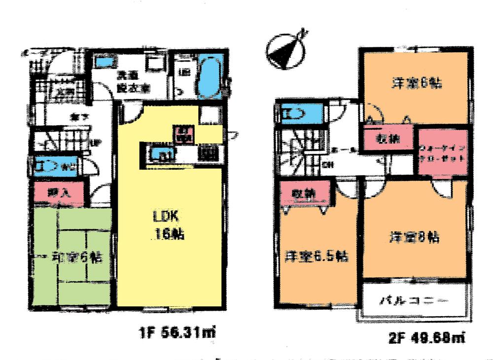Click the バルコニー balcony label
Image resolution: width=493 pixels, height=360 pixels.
coord(414,300)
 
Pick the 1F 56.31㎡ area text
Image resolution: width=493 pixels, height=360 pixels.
coord(176,333)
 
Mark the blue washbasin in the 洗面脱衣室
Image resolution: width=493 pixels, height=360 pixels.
coord(105,63)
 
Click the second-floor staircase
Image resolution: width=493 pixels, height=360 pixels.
coord(295,150)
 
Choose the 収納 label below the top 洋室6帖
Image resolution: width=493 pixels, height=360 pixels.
coord(387,138)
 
